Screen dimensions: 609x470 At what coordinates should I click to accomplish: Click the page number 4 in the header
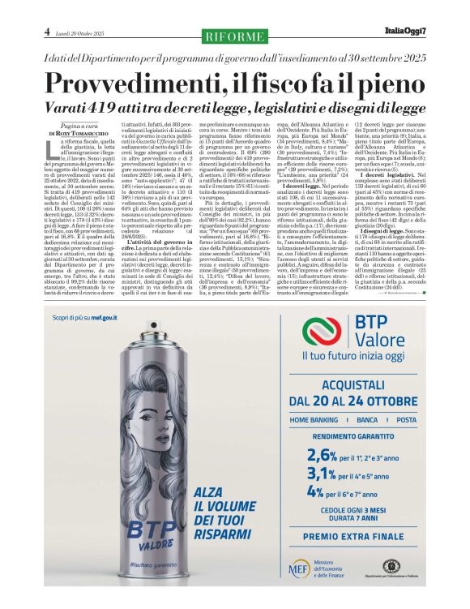click(47, 32)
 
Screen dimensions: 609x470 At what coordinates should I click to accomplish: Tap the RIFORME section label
click(234, 36)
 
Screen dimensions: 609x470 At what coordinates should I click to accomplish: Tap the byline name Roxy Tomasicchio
click(79, 133)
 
